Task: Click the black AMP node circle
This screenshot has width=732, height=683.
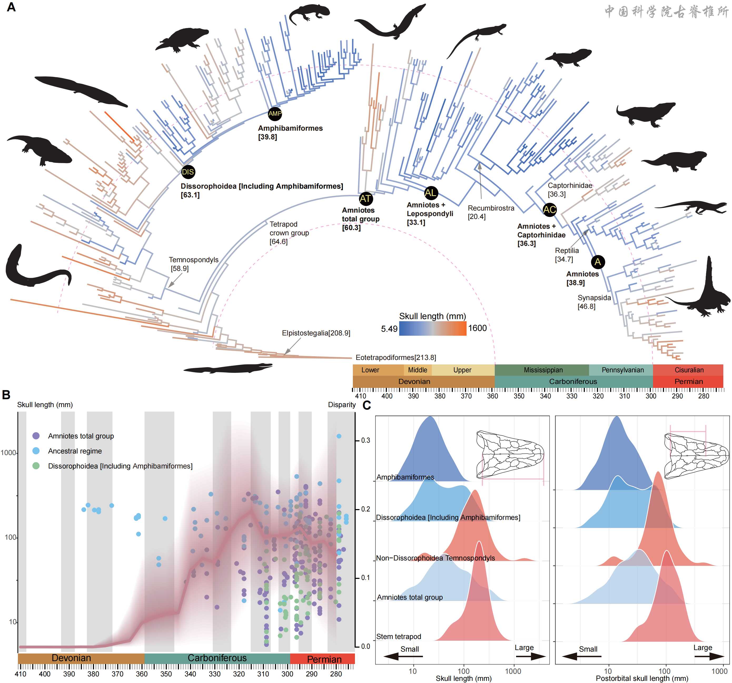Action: click(275, 114)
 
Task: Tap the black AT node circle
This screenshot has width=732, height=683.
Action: click(366, 199)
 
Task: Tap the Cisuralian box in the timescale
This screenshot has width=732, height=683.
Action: click(689, 370)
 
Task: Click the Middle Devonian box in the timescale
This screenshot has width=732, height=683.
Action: click(418, 370)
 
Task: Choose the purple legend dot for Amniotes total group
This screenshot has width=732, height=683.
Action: click(36, 436)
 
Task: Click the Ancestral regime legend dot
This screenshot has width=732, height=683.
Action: click(36, 451)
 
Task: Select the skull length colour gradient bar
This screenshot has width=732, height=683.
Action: click(432, 328)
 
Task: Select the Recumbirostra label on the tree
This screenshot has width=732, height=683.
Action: click(491, 208)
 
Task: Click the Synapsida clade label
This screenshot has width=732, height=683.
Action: click(594, 298)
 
